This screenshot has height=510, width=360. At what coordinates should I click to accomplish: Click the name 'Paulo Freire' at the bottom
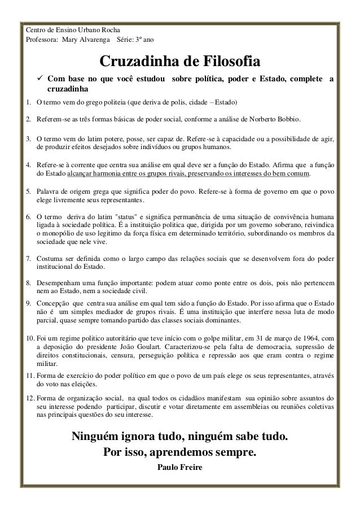pyautogui.click(x=180, y=468)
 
